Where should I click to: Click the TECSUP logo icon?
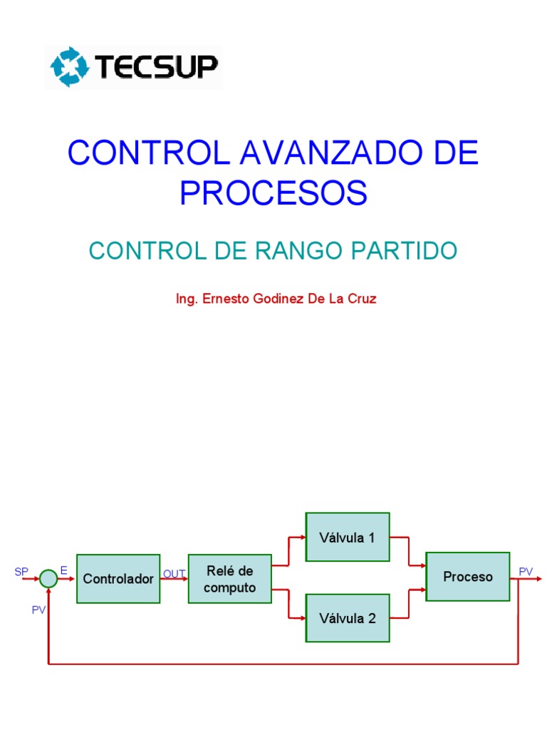[68, 67]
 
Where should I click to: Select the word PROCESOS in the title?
[273, 192]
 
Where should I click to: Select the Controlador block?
[118, 579]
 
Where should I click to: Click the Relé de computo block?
[229, 579]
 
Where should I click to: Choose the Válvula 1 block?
[348, 538]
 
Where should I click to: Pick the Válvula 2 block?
[348, 618]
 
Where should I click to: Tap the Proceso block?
[468, 577]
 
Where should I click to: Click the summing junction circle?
[48, 579]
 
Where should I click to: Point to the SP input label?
[21, 572]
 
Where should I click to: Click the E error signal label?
[64, 570]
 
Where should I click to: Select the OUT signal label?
[174, 573]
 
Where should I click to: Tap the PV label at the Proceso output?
[526, 572]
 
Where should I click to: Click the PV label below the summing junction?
[38, 610]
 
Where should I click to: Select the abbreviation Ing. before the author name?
[187, 299]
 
